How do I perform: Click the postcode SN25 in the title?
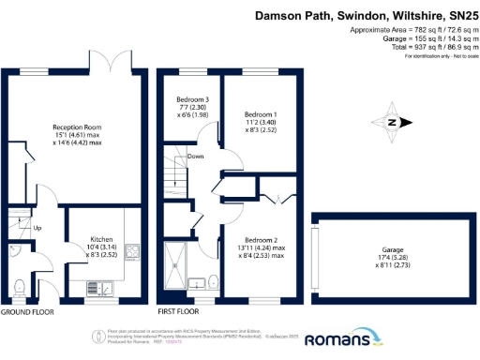tap(458, 16)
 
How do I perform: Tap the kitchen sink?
tap(109, 288)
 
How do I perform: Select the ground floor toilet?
tap(20, 285)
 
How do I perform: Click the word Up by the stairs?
tap(37, 228)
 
